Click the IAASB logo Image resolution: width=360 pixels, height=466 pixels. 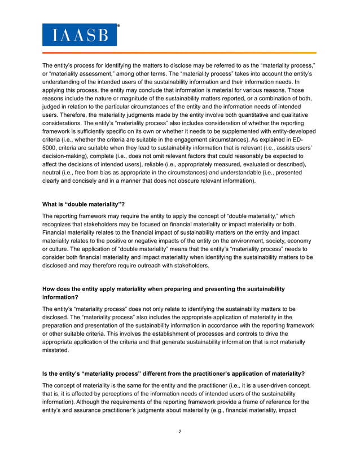(80, 34)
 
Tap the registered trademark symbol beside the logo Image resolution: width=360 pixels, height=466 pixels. (118, 25)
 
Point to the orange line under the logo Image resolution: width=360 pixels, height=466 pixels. (180, 53)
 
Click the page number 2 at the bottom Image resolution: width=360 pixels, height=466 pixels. (179, 432)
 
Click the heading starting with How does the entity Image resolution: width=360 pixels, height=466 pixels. (164, 289)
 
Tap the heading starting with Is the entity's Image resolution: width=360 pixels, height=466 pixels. (174, 373)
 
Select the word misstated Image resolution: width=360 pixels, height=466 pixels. (56, 349)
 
